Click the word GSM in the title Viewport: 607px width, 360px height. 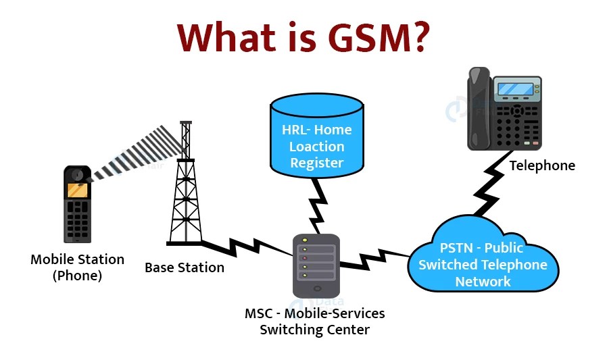pyautogui.click(x=368, y=38)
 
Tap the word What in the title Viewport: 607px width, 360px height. pyautogui.click(x=224, y=38)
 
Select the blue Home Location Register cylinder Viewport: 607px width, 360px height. pyautogui.click(x=316, y=139)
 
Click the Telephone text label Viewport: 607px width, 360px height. pyautogui.click(x=542, y=165)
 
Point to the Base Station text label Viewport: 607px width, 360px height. pyautogui.click(x=185, y=267)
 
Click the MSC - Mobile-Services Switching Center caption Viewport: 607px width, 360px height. pyautogui.click(x=315, y=322)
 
